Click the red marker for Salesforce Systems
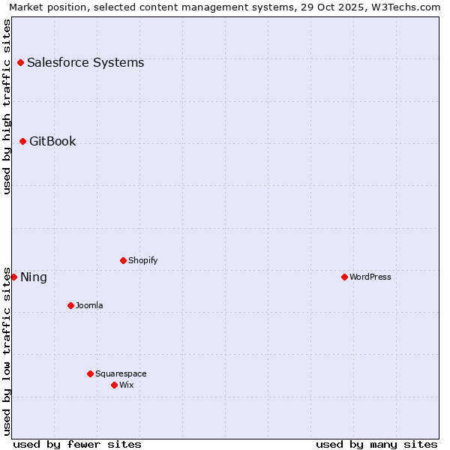pyautogui.click(x=20, y=62)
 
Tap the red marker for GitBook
pyautogui.click(x=22, y=141)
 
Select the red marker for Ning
pyautogui.click(x=13, y=277)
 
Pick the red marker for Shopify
pyautogui.click(x=123, y=260)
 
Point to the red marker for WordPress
pyautogui.click(x=344, y=277)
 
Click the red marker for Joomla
pyautogui.click(x=70, y=305)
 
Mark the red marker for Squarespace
pyautogui.click(x=90, y=373)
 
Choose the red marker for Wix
pyautogui.click(x=114, y=385)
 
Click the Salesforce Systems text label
pyautogui.click(x=85, y=62)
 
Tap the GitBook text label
pyautogui.click(x=52, y=141)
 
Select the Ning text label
pyautogui.click(x=34, y=277)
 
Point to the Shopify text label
pyautogui.click(x=142, y=260)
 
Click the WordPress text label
pyautogui.click(x=370, y=277)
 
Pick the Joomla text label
pyautogui.click(x=89, y=305)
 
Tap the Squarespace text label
pyautogui.click(x=121, y=373)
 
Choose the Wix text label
pyautogui.click(x=126, y=385)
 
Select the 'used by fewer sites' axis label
pyautogui.click(x=77, y=444)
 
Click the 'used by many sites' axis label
pyautogui.click(x=376, y=444)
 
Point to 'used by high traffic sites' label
pyautogui.click(x=7, y=106)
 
